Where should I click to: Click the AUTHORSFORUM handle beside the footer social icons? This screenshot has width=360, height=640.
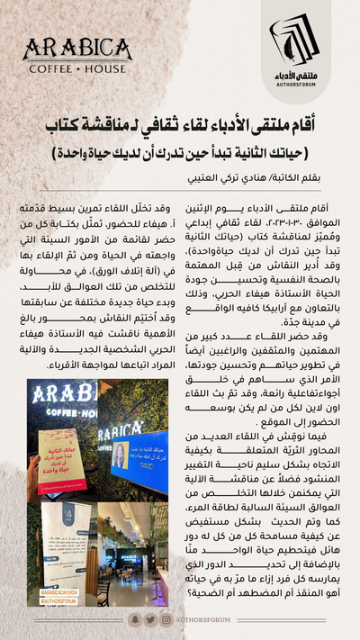pyautogui.click(x=206, y=619)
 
